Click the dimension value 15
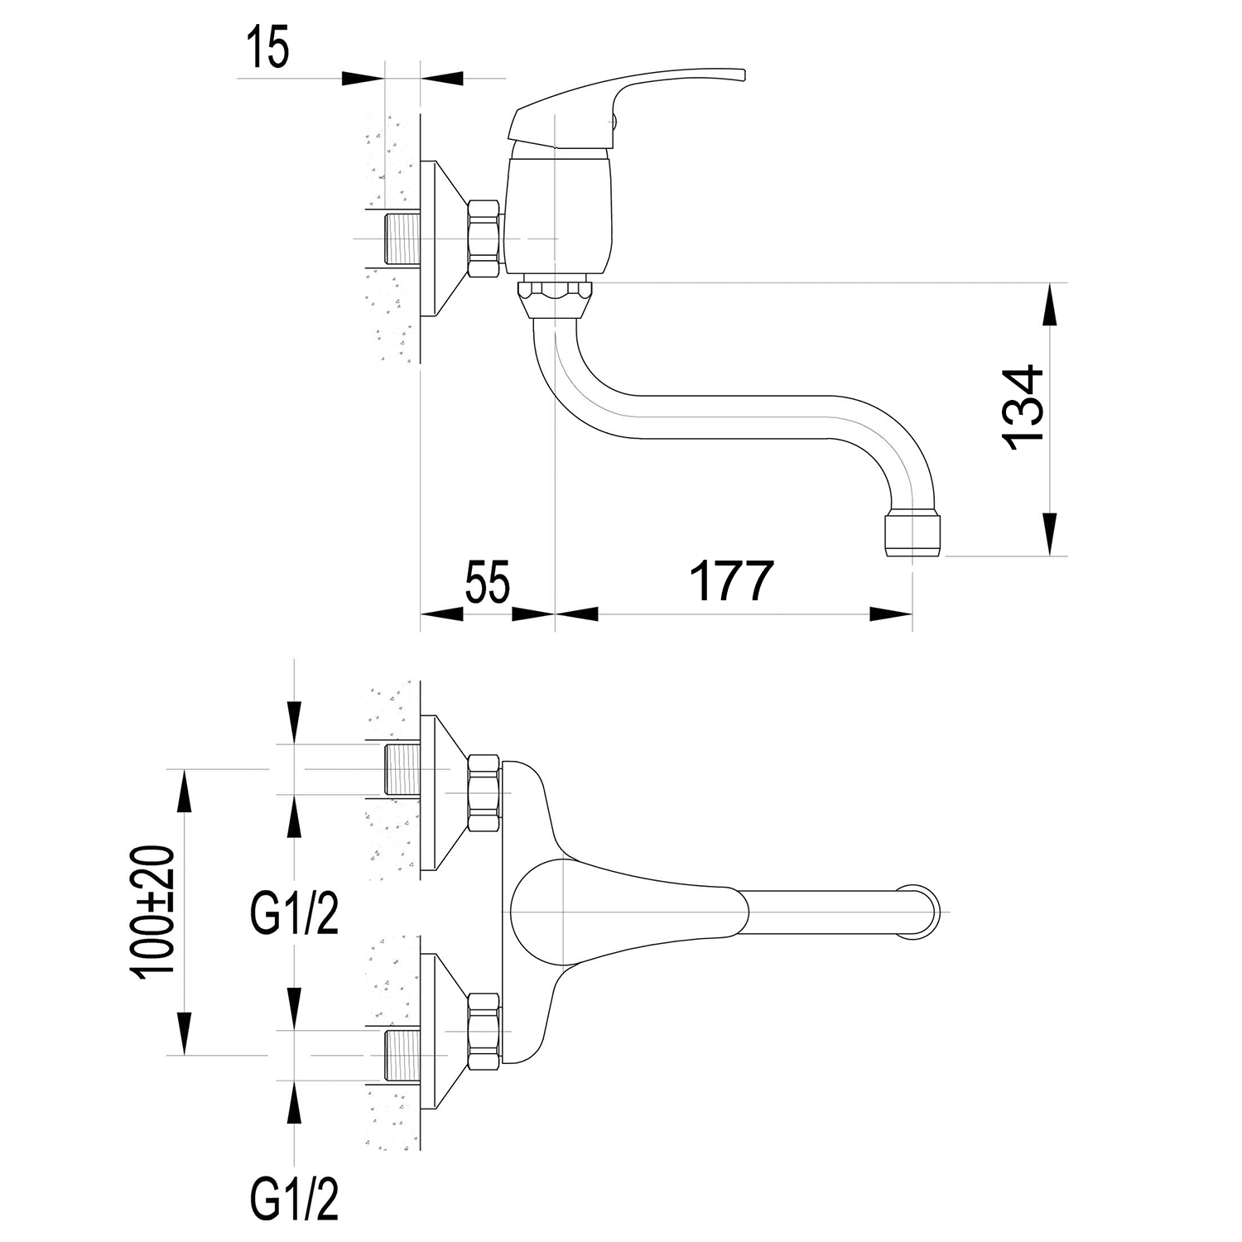[270, 48]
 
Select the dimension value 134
[1023, 407]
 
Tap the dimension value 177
[732, 581]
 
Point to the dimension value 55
[487, 581]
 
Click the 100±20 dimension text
[154, 912]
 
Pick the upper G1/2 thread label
[295, 912]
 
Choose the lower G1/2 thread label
[295, 1196]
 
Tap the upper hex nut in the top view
[484, 792]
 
